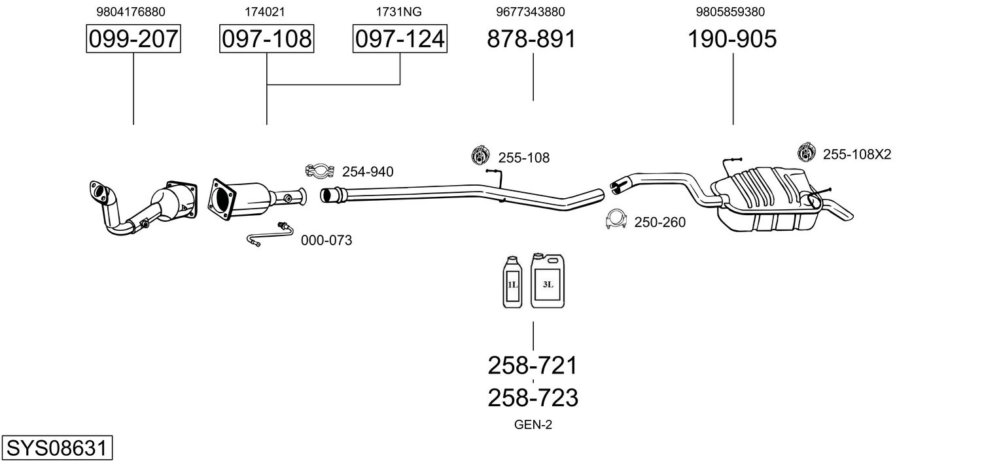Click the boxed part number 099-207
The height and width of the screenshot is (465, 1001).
point(133,39)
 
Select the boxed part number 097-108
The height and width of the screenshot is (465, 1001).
point(266,39)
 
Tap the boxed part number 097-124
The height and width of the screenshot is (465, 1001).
point(400,39)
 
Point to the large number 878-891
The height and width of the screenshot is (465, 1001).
point(531,39)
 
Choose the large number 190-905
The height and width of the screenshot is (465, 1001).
point(732,39)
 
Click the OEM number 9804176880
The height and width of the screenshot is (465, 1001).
point(131,12)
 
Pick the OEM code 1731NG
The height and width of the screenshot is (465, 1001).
point(398,12)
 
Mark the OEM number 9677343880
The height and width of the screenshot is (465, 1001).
point(531,12)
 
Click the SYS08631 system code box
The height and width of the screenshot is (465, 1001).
point(57,447)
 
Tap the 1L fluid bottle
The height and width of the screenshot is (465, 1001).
point(512,282)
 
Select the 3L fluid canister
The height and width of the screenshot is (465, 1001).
point(548,281)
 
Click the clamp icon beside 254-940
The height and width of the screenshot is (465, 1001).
point(320,171)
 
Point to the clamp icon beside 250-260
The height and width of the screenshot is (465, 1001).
point(616,219)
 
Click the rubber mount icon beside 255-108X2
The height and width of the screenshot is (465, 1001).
point(807,152)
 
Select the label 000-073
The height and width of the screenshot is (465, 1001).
point(326,240)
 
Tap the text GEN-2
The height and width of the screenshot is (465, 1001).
point(533,425)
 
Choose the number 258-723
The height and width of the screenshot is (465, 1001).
point(533,398)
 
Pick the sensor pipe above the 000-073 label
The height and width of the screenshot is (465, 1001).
point(270,235)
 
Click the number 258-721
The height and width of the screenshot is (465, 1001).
point(533,366)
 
